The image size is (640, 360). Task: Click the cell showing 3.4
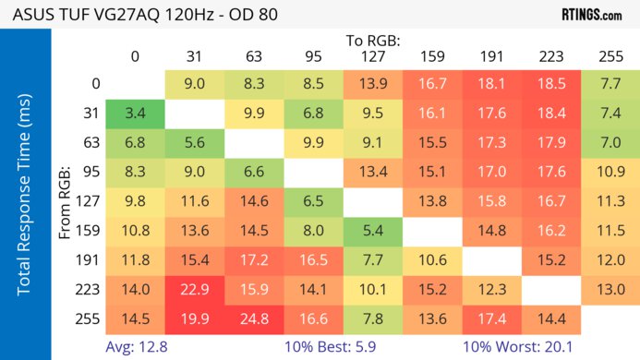[x=135, y=114]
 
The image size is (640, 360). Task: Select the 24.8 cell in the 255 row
[x=254, y=318]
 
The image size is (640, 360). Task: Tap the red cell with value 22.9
[x=195, y=290]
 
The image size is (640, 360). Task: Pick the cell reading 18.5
[x=550, y=85]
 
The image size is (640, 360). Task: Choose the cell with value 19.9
[x=195, y=318]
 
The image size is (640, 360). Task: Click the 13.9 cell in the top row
[x=372, y=85]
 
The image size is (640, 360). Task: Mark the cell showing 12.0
[x=610, y=260]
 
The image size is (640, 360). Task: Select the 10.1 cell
[x=372, y=290]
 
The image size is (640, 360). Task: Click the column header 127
[x=372, y=56]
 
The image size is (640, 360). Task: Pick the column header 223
[x=550, y=56]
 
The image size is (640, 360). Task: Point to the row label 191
[x=90, y=260]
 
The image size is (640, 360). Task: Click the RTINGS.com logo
[x=591, y=15]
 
